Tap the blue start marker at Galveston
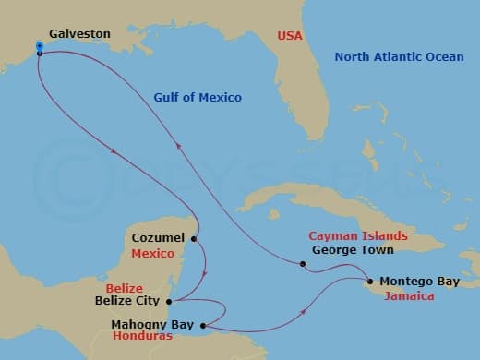(40, 45)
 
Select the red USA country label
(290, 36)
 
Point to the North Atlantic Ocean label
(398, 58)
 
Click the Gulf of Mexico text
(198, 97)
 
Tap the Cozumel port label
(158, 238)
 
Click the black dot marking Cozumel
(194, 239)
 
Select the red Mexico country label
(152, 253)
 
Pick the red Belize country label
(124, 288)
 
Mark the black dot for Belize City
(168, 300)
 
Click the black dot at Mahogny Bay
(202, 325)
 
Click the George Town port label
(353, 250)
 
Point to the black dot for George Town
(303, 265)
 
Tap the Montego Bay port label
(417, 281)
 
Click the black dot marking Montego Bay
(370, 281)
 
